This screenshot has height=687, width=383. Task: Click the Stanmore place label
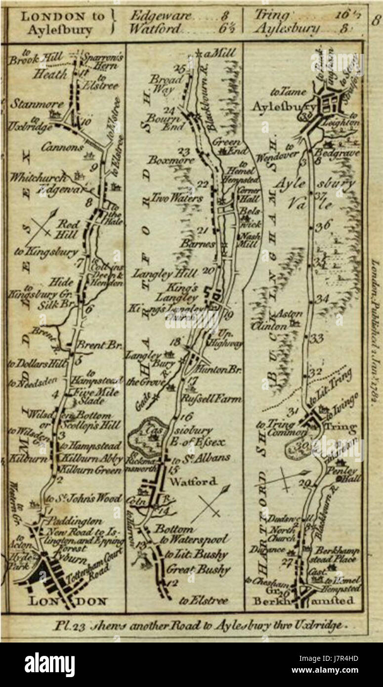point(30,104)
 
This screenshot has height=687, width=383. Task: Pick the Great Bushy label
point(198,569)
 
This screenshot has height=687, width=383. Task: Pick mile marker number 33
point(316,338)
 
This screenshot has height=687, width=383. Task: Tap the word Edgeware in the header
point(158,16)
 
